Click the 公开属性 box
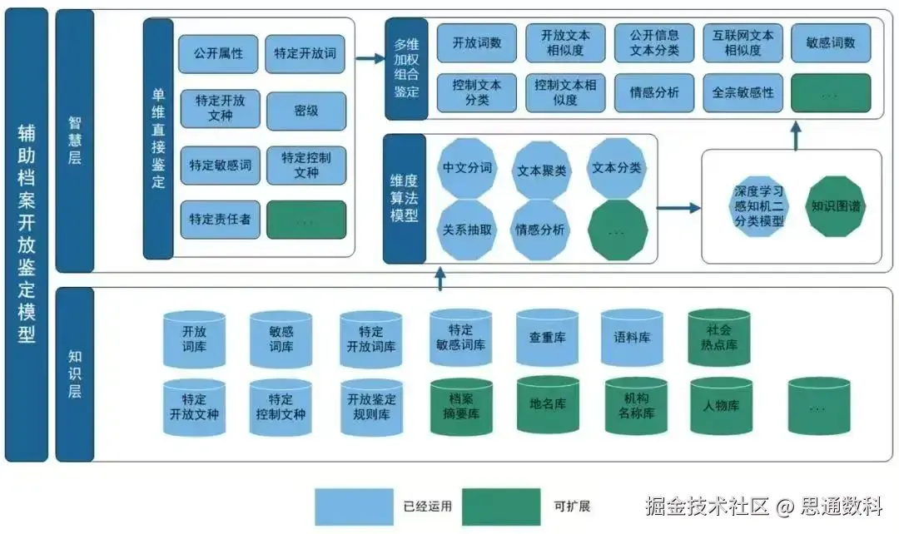point(218,54)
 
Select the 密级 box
point(305,111)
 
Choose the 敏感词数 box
point(831,42)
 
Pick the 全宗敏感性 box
point(743,92)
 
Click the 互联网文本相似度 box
point(743,42)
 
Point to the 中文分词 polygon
point(467,168)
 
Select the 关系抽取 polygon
point(467,230)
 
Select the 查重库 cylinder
point(547,338)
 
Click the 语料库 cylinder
point(632,338)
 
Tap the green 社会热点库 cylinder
point(718,337)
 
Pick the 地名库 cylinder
point(547,404)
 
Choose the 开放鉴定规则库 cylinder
point(371,407)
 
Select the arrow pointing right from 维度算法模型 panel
point(678,207)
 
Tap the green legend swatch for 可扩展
point(501,506)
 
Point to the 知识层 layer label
point(74,374)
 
